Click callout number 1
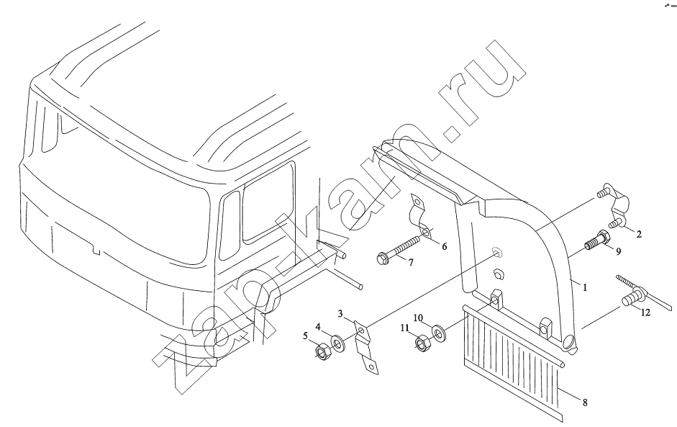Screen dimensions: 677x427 click(585, 287)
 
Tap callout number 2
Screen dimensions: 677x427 click(639, 234)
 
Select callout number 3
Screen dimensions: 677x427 click(340, 314)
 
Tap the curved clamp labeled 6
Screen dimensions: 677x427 click(419, 218)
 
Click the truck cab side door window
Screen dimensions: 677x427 click(268, 202)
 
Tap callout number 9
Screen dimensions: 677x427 click(618, 251)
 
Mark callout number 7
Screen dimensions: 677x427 click(411, 262)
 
